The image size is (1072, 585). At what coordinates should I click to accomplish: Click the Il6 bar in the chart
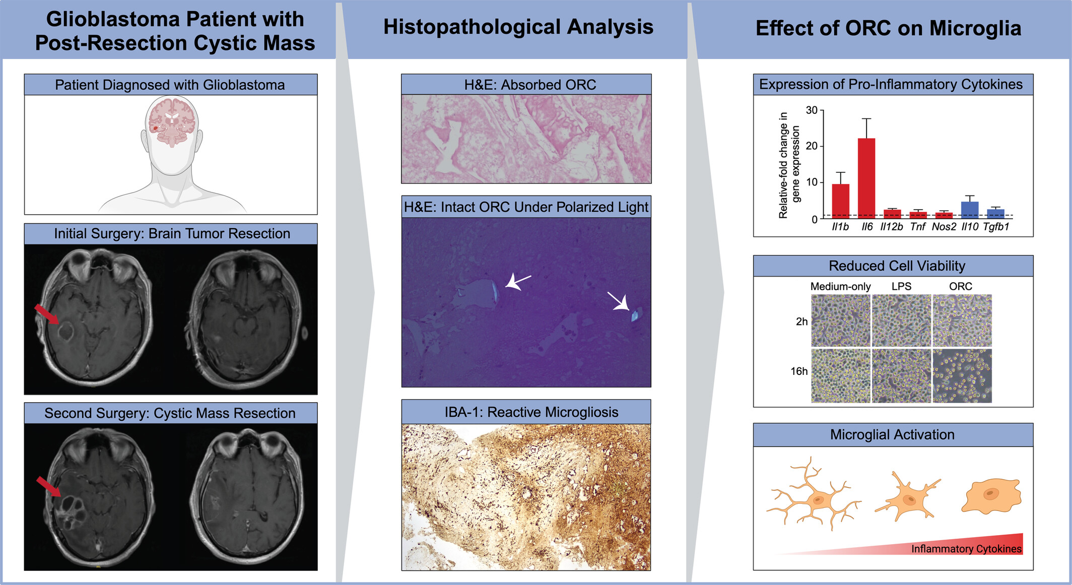coord(866,178)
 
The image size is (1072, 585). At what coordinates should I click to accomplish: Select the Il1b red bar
coord(840,202)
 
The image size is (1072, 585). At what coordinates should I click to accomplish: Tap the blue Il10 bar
coord(970,210)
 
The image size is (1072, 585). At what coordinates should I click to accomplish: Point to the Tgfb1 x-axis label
coord(996,227)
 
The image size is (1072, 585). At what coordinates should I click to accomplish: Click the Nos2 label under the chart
coord(944,227)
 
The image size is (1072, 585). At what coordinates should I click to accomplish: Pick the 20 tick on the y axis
coord(812,146)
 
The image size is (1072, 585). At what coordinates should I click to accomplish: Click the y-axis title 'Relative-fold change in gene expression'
coord(789,165)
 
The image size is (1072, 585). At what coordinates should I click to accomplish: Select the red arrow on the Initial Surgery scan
coord(46,313)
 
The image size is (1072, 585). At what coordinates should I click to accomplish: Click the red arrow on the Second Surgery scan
coord(49,487)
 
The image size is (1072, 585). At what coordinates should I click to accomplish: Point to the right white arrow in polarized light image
coord(618,301)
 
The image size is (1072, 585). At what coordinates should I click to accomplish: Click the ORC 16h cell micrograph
coord(962,376)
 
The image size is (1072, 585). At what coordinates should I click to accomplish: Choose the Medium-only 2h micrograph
coord(840,320)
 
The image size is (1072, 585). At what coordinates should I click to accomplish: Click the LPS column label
coord(901,286)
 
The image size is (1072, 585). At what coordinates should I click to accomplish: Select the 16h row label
coord(799,371)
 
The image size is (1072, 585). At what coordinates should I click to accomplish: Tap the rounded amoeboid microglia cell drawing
coord(991,496)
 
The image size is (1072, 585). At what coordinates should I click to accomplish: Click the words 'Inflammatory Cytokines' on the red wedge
coord(966,549)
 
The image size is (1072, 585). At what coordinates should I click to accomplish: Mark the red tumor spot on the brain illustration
coord(156,128)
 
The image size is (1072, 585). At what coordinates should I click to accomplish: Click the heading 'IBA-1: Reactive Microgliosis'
coord(531,412)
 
